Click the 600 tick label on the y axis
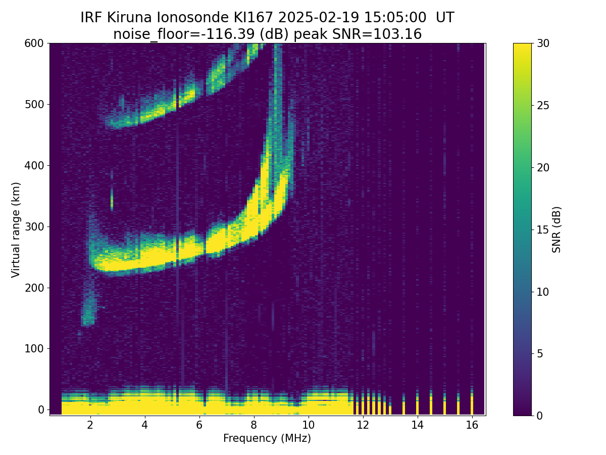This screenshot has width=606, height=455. coord(34,43)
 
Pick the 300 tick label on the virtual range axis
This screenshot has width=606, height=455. coord(34,226)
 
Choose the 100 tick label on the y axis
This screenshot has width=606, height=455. coord(34,348)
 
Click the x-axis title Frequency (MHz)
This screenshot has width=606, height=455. coord(267,438)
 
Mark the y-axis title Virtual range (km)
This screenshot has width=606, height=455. coord(16,230)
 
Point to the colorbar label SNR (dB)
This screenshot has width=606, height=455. coord(557,230)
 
